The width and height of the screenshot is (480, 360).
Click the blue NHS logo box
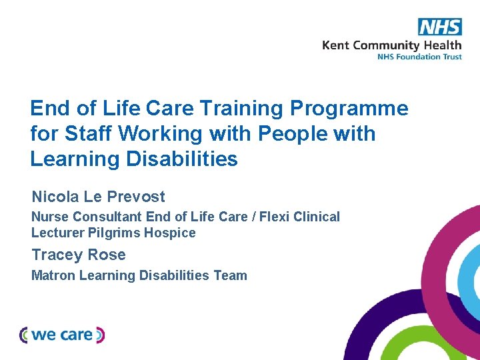[x=439, y=27]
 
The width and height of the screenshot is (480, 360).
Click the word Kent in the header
[x=336, y=45]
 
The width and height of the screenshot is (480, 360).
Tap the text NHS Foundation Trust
[x=419, y=57]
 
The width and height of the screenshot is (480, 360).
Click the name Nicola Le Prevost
[x=98, y=197]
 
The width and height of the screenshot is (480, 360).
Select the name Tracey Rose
[x=79, y=255]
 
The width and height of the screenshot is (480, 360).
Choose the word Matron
[x=53, y=275]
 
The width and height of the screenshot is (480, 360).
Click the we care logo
[x=62, y=335]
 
